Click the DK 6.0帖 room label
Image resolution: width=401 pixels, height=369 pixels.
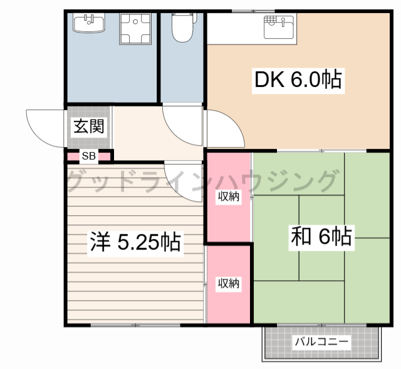(x=298, y=81)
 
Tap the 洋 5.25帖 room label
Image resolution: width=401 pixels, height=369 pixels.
(x=135, y=241)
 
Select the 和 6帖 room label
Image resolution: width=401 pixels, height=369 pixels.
(x=321, y=236)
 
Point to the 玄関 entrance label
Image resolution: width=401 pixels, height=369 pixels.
(x=89, y=126)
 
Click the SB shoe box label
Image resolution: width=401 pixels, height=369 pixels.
(x=89, y=156)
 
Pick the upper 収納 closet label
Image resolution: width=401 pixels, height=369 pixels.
(x=229, y=196)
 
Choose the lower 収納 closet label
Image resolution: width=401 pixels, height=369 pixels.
(x=229, y=283)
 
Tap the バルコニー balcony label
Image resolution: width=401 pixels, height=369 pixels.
(x=321, y=341)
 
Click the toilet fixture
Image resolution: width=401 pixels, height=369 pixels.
(x=183, y=28)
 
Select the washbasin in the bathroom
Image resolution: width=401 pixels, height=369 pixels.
(x=89, y=23)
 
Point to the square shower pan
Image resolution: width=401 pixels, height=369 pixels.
(x=135, y=29)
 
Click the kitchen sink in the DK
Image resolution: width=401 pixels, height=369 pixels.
(x=278, y=27)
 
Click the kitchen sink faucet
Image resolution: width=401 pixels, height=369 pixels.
(x=283, y=22)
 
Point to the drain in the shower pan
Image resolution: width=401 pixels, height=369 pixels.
(x=135, y=22)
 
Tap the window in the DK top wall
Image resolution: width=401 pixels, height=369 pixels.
(x=253, y=11)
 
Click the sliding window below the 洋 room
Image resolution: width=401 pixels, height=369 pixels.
(x=135, y=325)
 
